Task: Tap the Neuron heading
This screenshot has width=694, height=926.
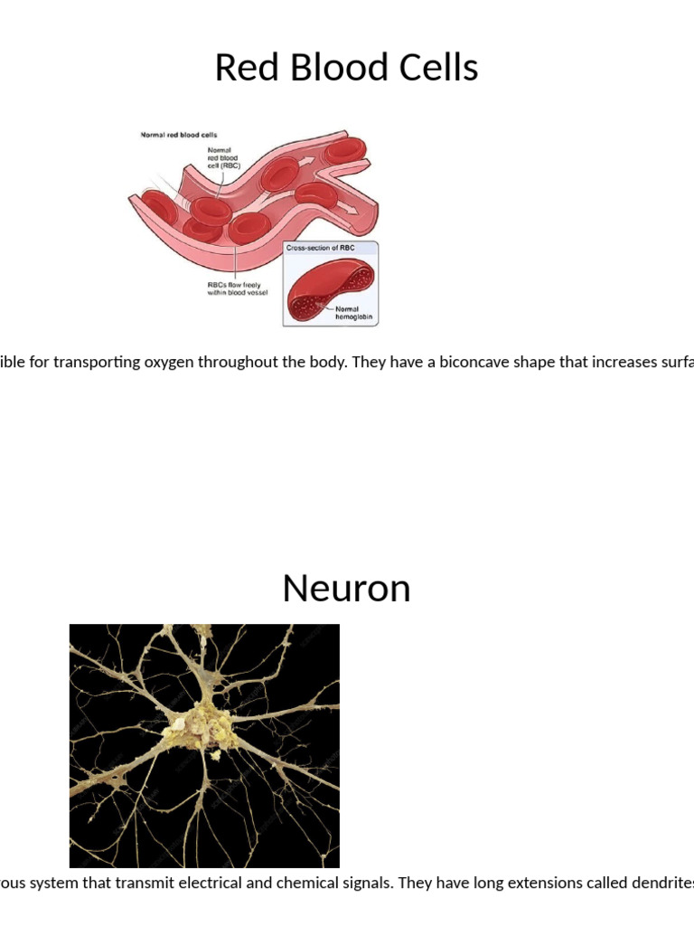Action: click(x=346, y=589)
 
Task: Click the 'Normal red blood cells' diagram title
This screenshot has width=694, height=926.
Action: click(x=178, y=136)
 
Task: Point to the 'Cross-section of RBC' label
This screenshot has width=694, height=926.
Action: click(x=319, y=247)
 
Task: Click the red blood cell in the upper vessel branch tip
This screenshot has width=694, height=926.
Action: click(x=346, y=147)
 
